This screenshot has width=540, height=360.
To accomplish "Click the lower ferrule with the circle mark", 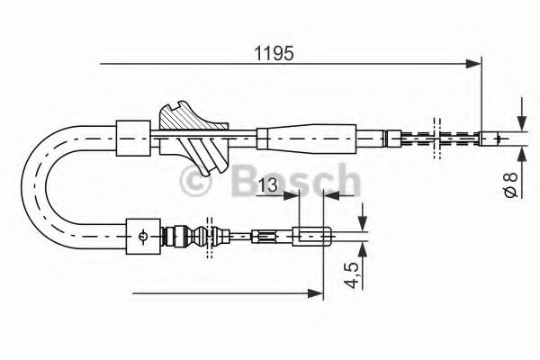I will pyautogui.click(x=144, y=237).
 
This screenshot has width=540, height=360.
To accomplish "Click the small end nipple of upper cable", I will pyautogui.click(x=490, y=138).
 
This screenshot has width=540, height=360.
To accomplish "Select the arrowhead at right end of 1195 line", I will pyautogui.click(x=473, y=63).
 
